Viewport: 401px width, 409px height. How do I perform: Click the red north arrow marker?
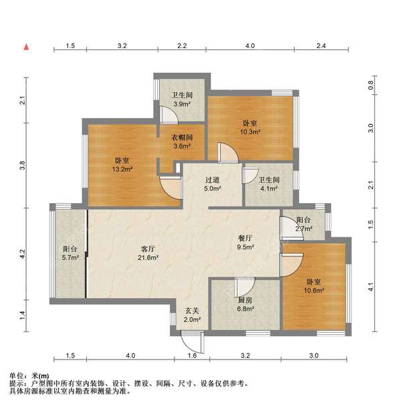27,47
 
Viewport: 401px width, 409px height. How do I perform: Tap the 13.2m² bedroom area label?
122,165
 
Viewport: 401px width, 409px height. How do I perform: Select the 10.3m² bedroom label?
251,128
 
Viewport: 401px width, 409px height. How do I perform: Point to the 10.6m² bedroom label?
314,286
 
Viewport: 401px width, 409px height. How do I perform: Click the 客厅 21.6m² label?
146,253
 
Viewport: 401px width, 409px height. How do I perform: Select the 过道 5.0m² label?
213,184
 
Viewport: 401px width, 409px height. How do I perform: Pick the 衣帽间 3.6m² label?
180,141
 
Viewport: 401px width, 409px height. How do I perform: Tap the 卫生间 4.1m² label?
268,184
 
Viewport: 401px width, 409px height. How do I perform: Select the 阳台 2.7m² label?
303,224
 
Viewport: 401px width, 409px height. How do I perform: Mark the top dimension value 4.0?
250,46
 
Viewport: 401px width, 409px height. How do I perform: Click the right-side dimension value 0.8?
372,86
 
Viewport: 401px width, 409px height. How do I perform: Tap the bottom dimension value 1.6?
193,356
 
